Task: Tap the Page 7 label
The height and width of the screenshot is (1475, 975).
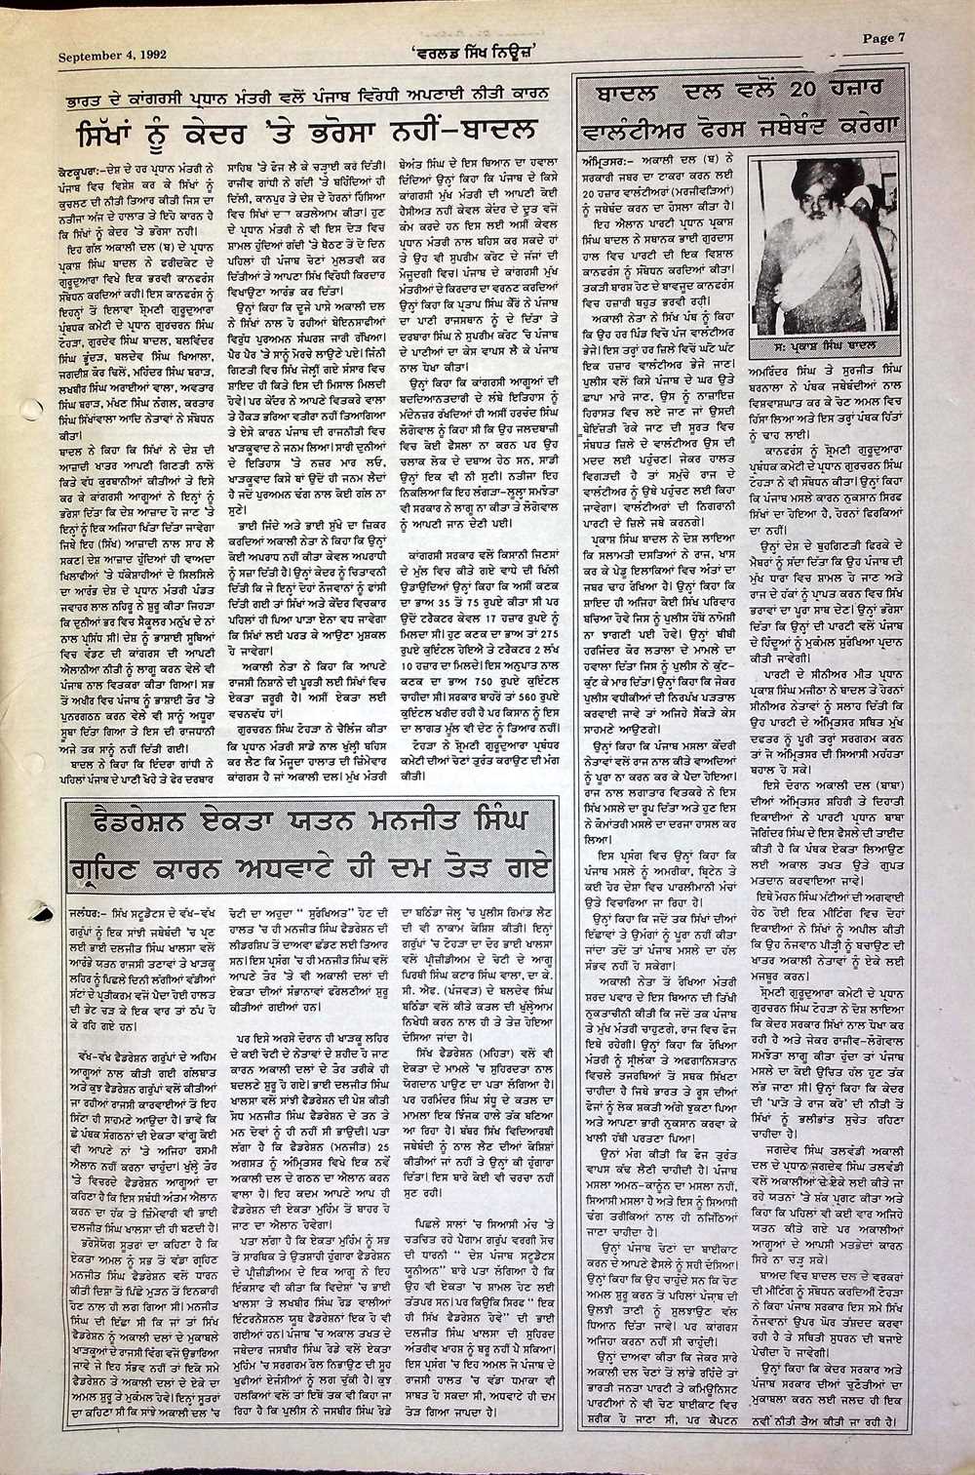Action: (883, 38)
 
